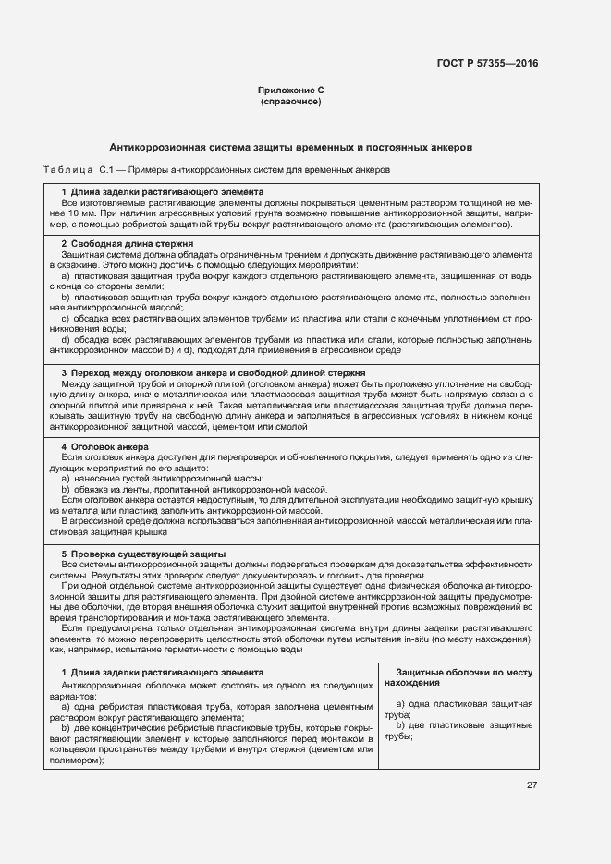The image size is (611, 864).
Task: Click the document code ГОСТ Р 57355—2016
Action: point(486,64)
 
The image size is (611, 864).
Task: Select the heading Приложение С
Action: point(291,91)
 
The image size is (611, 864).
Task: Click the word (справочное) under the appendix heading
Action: point(291,101)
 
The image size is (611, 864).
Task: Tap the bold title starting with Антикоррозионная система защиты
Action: point(291,147)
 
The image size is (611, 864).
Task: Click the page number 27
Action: point(532,785)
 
